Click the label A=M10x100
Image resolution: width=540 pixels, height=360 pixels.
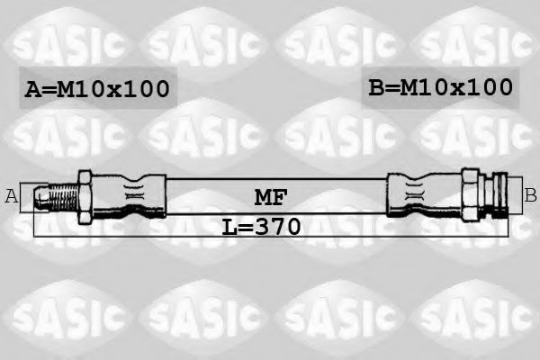click(x=97, y=89)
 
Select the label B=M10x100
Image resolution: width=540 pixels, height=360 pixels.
click(x=440, y=87)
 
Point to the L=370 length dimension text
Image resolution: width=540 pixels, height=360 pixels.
click(x=261, y=225)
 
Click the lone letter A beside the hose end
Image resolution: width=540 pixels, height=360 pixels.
click(x=12, y=196)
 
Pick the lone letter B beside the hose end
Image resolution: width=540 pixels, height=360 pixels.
click(x=530, y=195)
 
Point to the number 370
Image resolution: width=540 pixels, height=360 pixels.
click(x=277, y=225)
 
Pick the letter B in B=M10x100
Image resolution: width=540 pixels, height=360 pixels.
click(x=375, y=87)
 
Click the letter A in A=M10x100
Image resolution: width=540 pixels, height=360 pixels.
click(x=32, y=89)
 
